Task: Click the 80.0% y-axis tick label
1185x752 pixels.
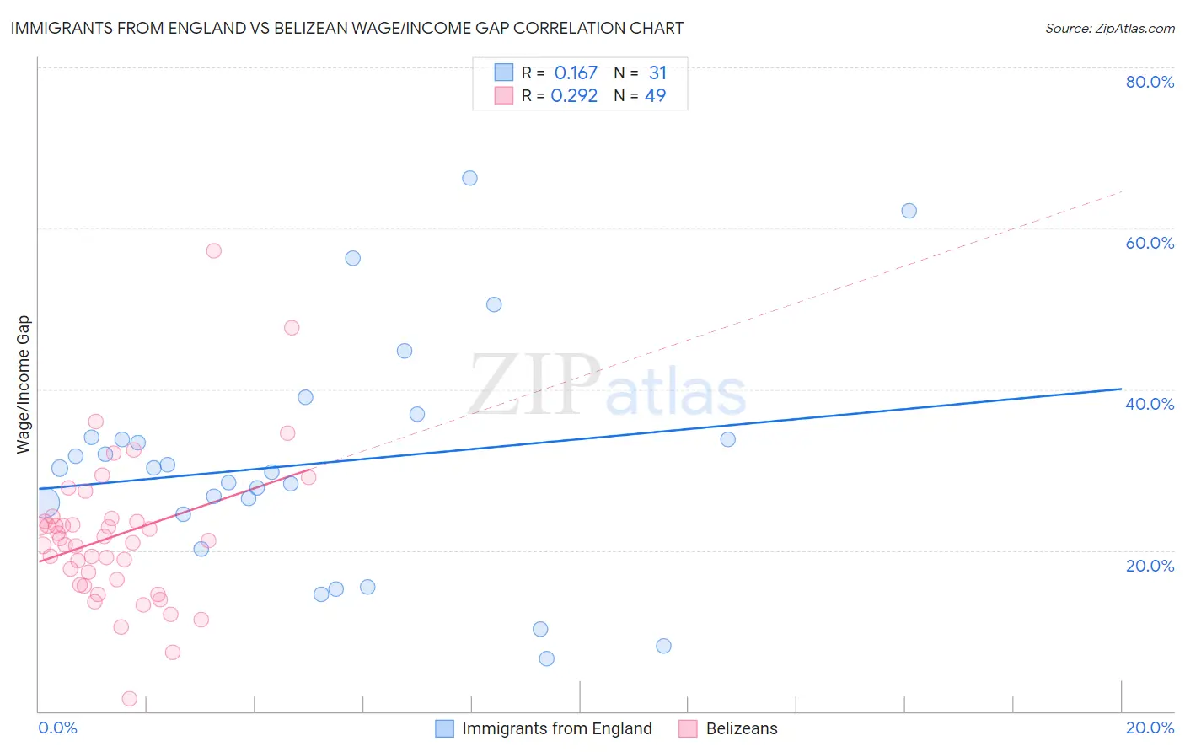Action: tap(1150, 82)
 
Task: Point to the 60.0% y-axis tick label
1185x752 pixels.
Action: tap(1150, 243)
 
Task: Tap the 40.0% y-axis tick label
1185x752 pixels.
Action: tap(1150, 404)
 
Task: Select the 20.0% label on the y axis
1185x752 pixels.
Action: tap(1150, 565)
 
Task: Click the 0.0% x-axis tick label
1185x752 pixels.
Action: tap(57, 728)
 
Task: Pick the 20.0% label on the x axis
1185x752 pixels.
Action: tap(1150, 728)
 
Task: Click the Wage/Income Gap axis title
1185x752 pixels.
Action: tap(24, 384)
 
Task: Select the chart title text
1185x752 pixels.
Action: tap(346, 28)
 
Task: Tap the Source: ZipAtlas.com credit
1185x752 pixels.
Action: tap(1109, 28)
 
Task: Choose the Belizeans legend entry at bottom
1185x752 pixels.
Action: tap(742, 728)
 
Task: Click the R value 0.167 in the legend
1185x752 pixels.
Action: tap(576, 73)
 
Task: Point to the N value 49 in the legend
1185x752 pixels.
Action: tap(655, 96)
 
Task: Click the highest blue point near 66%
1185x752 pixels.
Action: tap(469, 178)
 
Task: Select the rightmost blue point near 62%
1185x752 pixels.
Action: tap(909, 211)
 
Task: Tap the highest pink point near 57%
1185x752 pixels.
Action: tap(214, 250)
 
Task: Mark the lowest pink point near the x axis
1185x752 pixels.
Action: tap(130, 698)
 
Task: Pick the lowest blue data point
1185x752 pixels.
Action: tap(547, 658)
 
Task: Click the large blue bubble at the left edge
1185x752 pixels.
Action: tap(46, 503)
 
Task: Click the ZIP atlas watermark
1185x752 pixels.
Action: tap(607, 385)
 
